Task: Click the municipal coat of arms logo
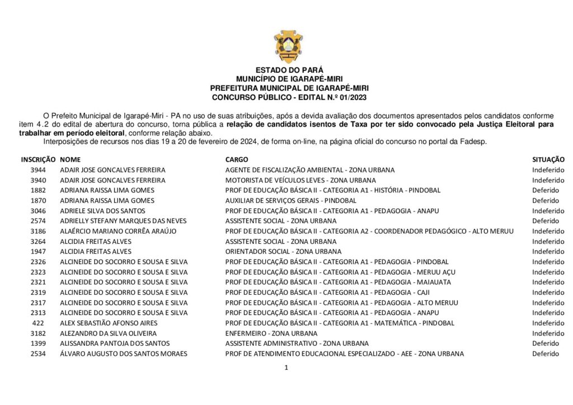pyautogui.click(x=288, y=46)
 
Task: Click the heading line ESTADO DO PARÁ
pyautogui.click(x=289, y=70)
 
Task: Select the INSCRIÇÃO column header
pyautogui.click(x=38, y=159)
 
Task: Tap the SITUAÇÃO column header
pyautogui.click(x=548, y=159)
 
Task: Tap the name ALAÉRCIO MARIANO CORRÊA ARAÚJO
pyautogui.click(x=118, y=231)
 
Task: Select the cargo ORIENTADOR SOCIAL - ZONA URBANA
pyautogui.click(x=283, y=252)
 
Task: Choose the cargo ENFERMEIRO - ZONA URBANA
pyautogui.click(x=271, y=333)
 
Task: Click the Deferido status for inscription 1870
pyautogui.click(x=545, y=200)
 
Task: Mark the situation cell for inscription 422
pyautogui.click(x=548, y=323)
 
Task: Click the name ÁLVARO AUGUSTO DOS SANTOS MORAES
pyautogui.click(x=123, y=354)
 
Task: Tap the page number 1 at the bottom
pyautogui.click(x=286, y=368)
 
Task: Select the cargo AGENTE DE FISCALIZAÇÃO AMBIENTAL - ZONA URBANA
pyautogui.click(x=309, y=170)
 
